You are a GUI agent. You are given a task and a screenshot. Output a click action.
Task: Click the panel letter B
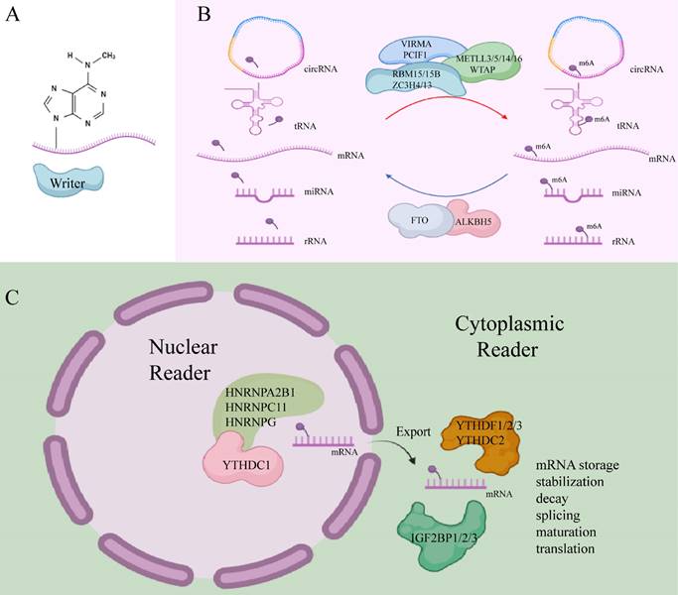point(203,15)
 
